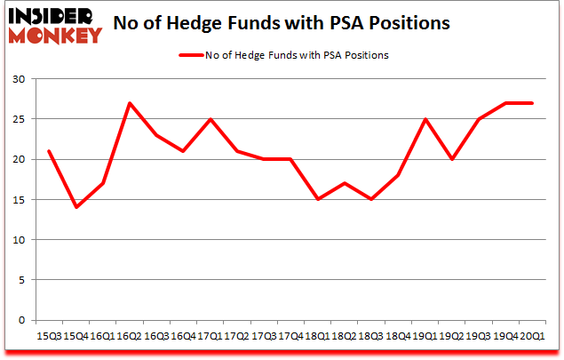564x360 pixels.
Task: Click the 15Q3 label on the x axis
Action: tap(48, 335)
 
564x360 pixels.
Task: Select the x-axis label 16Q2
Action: tap(129, 335)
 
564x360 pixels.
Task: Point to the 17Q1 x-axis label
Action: tap(209, 335)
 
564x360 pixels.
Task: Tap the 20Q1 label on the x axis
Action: tap(530, 335)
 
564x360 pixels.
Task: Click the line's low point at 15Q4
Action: tap(76, 207)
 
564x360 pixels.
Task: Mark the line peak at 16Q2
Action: tap(130, 103)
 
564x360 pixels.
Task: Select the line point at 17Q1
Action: tap(211, 119)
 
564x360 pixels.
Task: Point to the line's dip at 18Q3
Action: tap(371, 199)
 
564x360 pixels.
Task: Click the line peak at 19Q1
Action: tap(425, 119)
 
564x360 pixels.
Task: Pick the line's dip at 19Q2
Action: tap(452, 159)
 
